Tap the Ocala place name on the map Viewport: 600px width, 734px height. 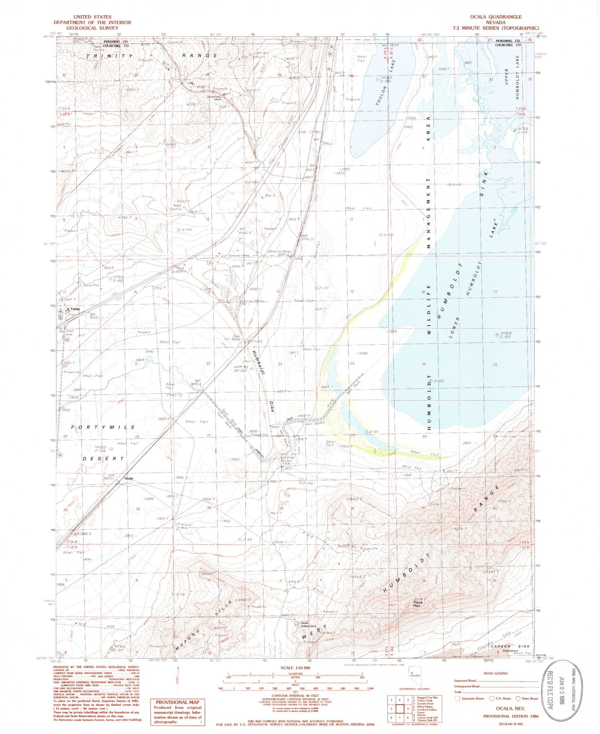(x=128, y=479)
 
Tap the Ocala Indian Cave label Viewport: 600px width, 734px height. (x=308, y=625)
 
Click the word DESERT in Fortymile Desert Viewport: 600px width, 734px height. (x=103, y=458)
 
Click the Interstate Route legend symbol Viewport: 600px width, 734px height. (x=458, y=698)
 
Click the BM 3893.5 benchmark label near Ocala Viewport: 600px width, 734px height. (x=108, y=477)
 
